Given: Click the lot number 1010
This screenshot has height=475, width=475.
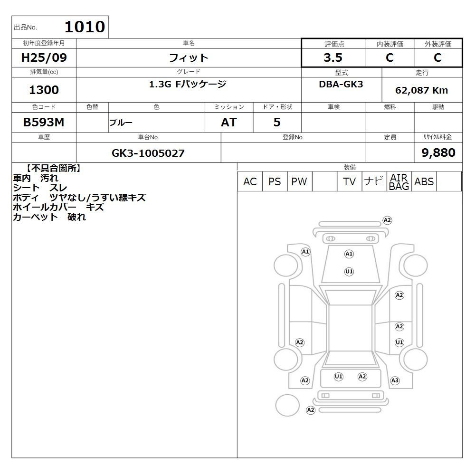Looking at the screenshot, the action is click(x=85, y=27).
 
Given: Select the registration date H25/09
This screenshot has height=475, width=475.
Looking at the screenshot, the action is click(x=44, y=57).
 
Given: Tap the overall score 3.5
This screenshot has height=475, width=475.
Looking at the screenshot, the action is click(x=333, y=57).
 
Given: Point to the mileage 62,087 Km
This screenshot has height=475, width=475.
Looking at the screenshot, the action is click(x=421, y=90).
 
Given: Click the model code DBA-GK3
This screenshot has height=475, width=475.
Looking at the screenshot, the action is click(x=341, y=84).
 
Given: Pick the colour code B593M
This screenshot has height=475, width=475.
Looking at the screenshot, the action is click(x=44, y=123).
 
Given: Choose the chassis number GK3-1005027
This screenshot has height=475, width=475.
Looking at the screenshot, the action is click(x=148, y=153).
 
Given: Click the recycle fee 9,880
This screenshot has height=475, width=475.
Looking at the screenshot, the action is click(x=438, y=152).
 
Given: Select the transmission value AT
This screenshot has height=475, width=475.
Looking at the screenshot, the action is click(x=229, y=123).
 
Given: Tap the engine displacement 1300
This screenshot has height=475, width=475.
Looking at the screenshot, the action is click(x=44, y=90).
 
